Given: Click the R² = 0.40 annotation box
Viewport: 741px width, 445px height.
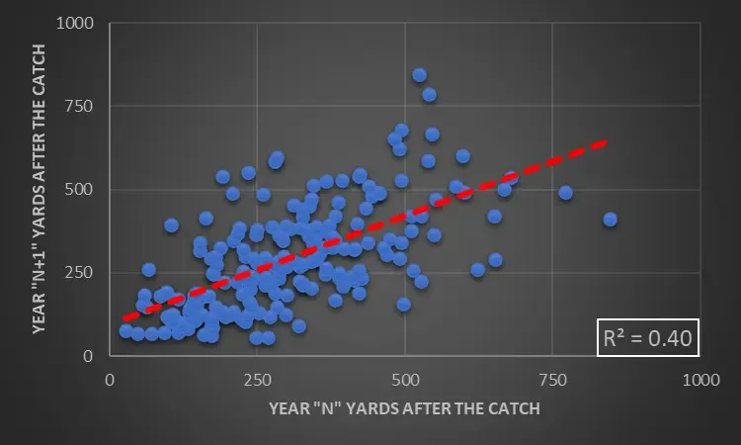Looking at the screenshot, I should click(x=647, y=339).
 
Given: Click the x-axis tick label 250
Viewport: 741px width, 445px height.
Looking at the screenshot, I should click(x=257, y=380).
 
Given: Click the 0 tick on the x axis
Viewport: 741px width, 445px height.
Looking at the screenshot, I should click(x=110, y=380).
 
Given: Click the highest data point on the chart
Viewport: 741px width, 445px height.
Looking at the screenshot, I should click(x=419, y=75).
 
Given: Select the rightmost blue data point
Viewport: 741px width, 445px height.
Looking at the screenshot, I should click(x=610, y=220).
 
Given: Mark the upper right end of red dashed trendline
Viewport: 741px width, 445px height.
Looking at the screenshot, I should click(x=606, y=141).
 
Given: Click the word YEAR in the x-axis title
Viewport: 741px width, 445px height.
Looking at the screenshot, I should click(x=291, y=405).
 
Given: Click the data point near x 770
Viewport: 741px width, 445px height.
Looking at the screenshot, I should click(x=565, y=193).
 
